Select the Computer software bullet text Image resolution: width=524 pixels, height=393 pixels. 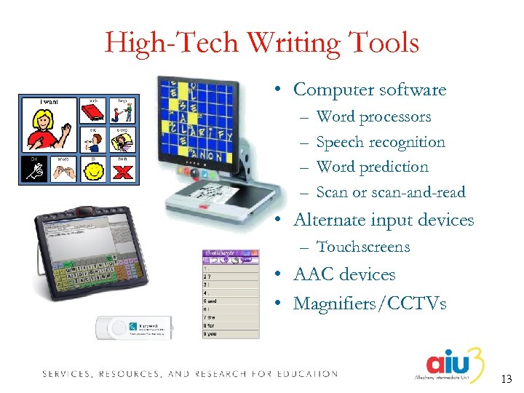(370, 90)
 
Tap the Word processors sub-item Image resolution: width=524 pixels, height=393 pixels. (373, 116)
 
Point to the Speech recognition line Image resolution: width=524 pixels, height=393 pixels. (381, 142)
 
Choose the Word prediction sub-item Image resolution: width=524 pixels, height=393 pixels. (373, 167)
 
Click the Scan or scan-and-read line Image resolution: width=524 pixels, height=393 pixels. (391, 192)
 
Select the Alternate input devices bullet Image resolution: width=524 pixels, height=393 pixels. (383, 220)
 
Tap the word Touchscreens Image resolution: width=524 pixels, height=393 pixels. (363, 247)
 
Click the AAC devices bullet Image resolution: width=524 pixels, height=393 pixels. (344, 274)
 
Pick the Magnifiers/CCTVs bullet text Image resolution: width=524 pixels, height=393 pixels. (370, 303)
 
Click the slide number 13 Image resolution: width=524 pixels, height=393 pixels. (507, 378)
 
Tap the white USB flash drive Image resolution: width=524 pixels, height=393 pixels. (136, 327)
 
